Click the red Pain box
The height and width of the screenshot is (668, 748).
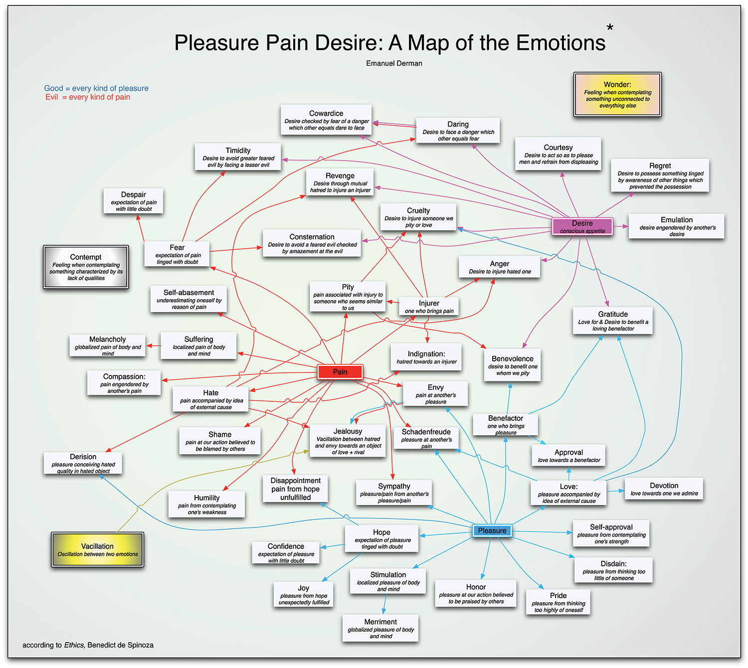tap(340, 371)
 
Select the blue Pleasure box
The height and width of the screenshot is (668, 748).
tap(492, 530)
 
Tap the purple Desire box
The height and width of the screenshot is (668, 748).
tap(582, 226)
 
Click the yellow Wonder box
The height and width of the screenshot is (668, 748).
tap(617, 95)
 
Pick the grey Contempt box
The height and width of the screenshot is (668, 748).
tap(86, 267)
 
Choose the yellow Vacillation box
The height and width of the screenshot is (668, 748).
tap(97, 549)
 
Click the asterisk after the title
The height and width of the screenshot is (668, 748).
tap(610, 28)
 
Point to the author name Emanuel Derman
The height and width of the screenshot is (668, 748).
tap(394, 63)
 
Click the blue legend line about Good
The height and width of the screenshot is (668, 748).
tap(96, 88)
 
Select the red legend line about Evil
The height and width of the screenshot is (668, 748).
tap(87, 97)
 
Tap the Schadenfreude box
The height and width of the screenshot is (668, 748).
tap(426, 438)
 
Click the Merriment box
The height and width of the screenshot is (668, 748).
tap(380, 628)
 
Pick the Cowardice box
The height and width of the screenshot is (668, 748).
tap(326, 120)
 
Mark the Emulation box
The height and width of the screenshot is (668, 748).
tap(676, 226)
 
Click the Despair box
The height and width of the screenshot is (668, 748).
tap(133, 201)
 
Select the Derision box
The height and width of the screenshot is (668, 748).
tap(83, 463)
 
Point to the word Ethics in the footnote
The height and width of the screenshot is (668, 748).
tap(74, 645)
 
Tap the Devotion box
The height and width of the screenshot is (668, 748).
tap(664, 489)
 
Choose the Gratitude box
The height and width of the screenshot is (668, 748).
tap(612, 321)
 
